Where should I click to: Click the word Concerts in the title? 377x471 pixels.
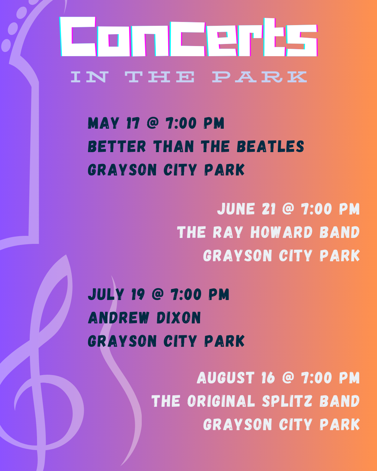point(188,37)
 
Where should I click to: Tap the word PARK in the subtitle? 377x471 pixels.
point(260,77)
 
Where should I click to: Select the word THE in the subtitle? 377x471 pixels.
point(160,77)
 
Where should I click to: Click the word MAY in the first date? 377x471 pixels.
point(103,123)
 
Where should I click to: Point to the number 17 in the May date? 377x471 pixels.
point(133,123)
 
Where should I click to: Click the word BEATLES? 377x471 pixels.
point(271,147)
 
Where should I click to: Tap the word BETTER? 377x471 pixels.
point(117,147)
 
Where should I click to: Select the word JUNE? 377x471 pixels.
point(236,209)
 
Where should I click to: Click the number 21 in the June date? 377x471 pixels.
point(268,209)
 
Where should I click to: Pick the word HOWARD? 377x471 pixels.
point(281,232)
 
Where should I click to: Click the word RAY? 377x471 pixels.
point(228,232)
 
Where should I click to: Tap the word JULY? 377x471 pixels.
point(106,294)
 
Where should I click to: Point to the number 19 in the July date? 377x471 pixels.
point(138,294)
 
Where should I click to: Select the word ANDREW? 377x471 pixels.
point(119,317)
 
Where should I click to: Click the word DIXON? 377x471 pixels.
point(179,317)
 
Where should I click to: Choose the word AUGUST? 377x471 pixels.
point(226,377)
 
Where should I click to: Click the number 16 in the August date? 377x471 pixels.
point(268,377)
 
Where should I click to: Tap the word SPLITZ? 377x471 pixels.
point(287,401)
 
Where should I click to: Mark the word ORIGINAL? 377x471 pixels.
point(221,401)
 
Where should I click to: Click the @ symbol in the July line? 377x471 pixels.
point(158,294)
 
